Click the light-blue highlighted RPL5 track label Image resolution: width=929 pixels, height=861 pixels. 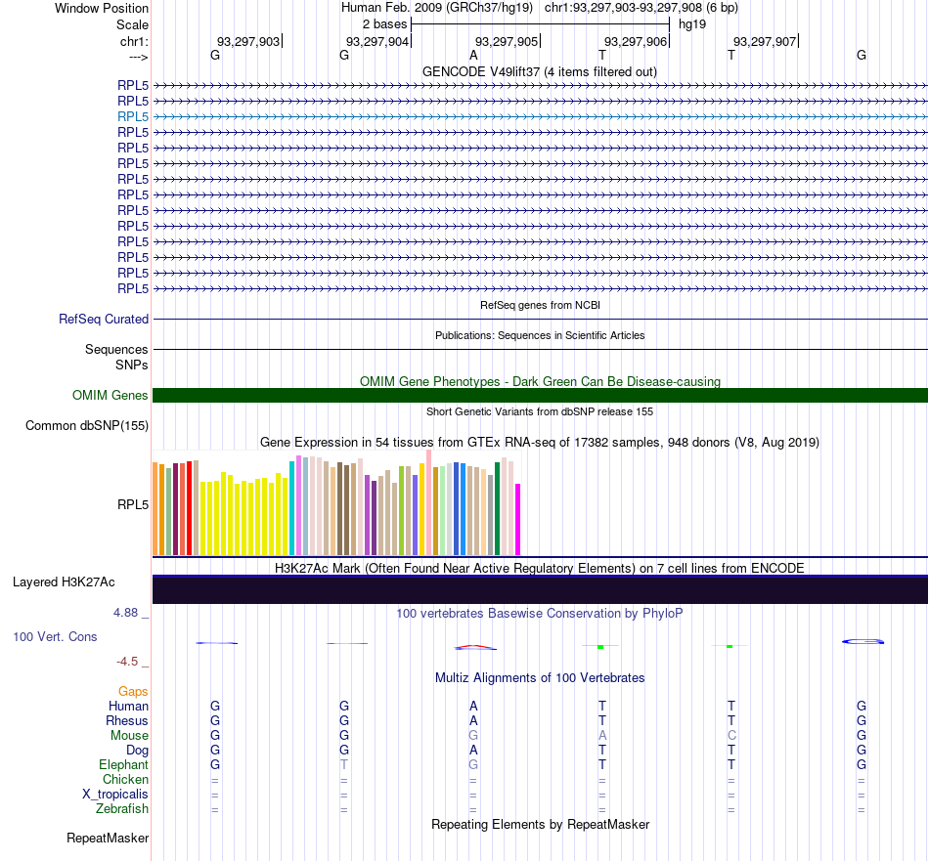[133, 116]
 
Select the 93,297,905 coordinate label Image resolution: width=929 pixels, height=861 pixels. [507, 41]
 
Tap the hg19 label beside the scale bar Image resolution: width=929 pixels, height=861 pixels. [692, 24]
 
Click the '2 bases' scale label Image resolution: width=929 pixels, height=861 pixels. [385, 24]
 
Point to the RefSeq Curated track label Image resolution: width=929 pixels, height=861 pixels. [104, 320]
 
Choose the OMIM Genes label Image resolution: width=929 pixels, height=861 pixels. [111, 395]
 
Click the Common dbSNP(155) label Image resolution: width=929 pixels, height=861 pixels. [87, 426]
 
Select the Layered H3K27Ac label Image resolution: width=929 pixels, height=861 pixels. [64, 582]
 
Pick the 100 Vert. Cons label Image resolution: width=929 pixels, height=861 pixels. [55, 636]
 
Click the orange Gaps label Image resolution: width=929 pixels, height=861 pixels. [133, 691]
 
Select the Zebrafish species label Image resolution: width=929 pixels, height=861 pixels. [122, 809]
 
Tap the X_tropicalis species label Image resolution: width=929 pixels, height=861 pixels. [115, 795]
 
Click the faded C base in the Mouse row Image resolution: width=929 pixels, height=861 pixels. [731, 736]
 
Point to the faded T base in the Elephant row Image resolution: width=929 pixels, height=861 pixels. [343, 764]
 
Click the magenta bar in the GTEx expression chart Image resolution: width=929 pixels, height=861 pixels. [518, 519]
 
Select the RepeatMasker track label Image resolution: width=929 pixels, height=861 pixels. [108, 838]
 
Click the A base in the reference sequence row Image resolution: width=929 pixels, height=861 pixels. [473, 55]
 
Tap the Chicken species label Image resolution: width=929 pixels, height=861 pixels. [125, 779]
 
